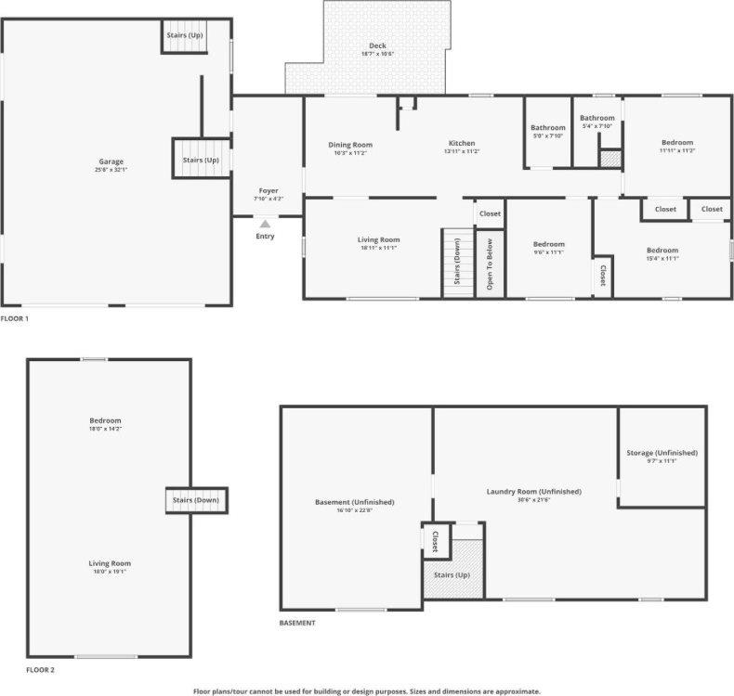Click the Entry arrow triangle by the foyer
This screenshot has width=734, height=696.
coord(266,224)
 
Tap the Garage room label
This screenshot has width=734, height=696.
coord(111,161)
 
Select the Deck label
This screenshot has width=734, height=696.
coord(378,45)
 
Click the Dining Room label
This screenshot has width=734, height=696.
coord(350,145)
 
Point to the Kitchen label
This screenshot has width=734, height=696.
coord(462,143)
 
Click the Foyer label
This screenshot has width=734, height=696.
coord(269,191)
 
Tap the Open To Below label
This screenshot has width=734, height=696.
coord(490,264)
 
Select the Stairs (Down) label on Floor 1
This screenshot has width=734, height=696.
coord(457,262)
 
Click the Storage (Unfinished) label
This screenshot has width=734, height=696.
coord(662,453)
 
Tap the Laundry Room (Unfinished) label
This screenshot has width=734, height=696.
coord(534,491)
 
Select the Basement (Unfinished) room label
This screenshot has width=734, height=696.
coord(354,502)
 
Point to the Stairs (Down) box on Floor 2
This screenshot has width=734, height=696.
coord(197,500)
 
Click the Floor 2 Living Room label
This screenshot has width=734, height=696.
coord(110,563)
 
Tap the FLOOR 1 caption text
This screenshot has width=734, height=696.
coord(15,318)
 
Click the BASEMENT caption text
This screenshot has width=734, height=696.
coord(297,623)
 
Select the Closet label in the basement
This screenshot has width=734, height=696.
coord(435,541)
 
